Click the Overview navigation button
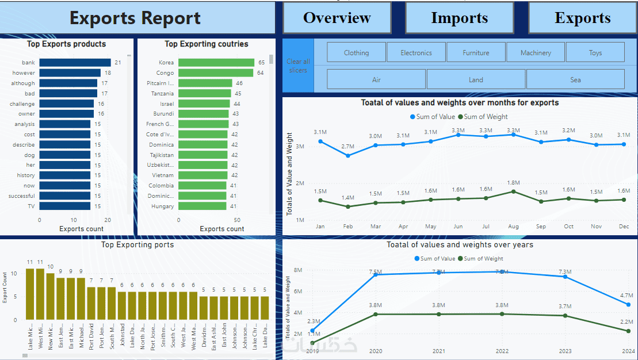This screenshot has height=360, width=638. point(337,18)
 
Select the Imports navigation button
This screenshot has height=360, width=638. point(459,18)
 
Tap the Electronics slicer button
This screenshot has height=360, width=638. point(416,52)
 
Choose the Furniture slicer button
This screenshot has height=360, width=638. point(476,52)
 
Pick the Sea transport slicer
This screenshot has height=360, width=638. point(575,79)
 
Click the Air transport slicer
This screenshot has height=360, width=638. point(376,79)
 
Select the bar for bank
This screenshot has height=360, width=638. point(75,63)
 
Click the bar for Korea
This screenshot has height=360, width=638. point(216,63)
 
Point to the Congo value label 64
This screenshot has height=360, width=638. point(260,73)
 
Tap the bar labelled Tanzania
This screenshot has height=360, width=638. point(204,94)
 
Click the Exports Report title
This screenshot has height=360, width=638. point(135,18)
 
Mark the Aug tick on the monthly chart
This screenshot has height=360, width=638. point(513,227)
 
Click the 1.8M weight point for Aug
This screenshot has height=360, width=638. point(513,192)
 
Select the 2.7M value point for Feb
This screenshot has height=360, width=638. point(347,156)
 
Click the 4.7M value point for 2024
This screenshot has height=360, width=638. point(628,305)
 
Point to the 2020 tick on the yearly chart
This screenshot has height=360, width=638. point(376,351)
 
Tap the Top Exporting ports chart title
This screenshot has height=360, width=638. point(137,244)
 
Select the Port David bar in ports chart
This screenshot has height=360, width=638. point(91,303)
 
